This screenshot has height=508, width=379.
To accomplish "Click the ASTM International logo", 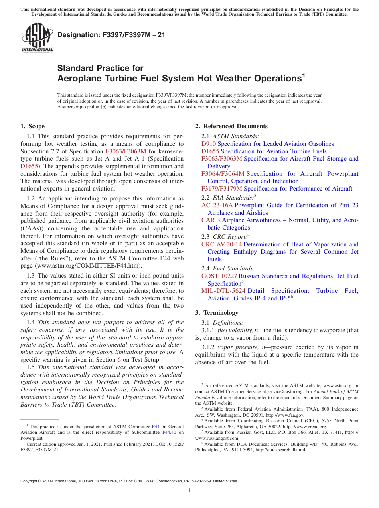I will point(37,38).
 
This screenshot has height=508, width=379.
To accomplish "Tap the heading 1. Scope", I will point(33,126).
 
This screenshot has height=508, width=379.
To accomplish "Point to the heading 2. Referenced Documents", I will point(231,126).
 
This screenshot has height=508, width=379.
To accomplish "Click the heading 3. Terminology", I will point(217,313).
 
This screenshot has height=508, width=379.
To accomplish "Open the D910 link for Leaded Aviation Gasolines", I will point(209,144).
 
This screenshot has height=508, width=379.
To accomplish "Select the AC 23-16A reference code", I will point(217,205).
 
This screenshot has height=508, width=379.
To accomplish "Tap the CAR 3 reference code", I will point(211,220).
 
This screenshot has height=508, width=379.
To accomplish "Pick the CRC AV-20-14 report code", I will point(221,244).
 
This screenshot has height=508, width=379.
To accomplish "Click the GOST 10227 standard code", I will point(219,276).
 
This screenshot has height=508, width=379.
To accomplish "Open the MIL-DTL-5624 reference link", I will point(223,291).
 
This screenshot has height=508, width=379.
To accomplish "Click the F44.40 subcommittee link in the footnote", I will point(169,433).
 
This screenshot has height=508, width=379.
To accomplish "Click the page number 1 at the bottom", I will point(189,491).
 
